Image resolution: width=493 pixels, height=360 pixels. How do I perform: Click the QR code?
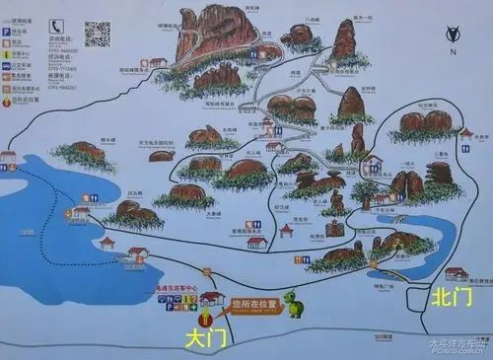coord(97,32)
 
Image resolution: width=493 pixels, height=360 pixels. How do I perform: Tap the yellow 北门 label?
coord(449,294)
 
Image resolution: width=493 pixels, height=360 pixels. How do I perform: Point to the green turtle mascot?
coord(294,303)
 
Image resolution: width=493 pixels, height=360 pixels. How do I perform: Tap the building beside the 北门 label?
coord(455,273)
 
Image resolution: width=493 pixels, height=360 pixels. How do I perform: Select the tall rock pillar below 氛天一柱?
coord(344,39)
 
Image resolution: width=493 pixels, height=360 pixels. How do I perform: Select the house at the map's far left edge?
coord(8,159)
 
